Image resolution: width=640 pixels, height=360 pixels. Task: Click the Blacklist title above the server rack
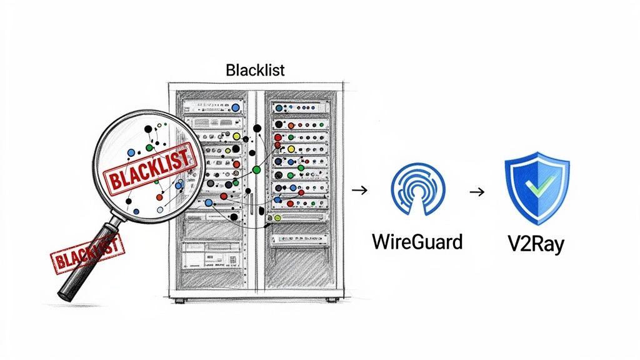coord(255,69)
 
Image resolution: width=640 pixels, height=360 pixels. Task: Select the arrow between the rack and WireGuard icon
coord(359,190)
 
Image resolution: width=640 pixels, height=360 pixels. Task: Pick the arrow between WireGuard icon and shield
coord(477,191)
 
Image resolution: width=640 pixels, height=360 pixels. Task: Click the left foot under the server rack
coord(180,300)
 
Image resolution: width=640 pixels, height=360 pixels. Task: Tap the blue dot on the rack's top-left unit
coord(234,107)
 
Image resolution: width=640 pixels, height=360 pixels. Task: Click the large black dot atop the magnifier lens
coord(148,129)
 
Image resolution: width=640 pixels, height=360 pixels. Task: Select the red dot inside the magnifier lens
coord(160,197)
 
